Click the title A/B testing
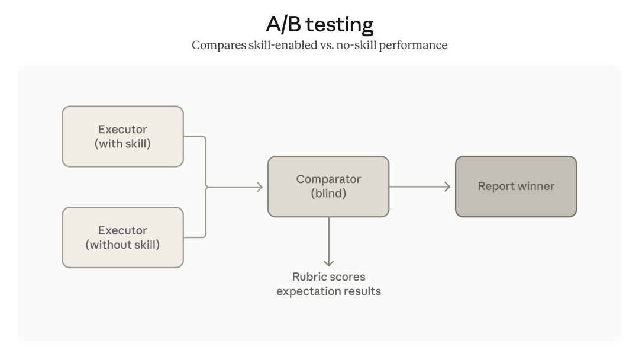[319, 24]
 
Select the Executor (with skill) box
[122, 136]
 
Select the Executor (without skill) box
[122, 237]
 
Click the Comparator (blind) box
[328, 187]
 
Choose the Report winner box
[515, 187]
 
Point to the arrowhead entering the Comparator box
[259, 187]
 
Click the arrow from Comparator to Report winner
[419, 187]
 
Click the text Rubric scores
[329, 277]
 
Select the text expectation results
[329, 291]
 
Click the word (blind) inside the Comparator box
[328, 194]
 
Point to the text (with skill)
[122, 143]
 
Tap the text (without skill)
[122, 244]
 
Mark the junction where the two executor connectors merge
[206, 187]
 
